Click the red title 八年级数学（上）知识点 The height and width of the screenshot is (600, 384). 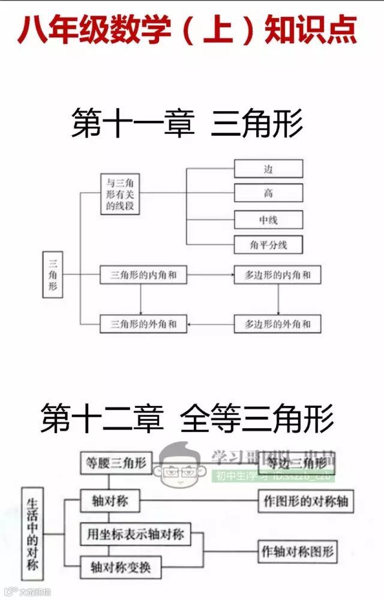187,29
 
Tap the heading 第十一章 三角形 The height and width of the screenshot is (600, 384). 187,123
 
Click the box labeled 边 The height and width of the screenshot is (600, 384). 268,169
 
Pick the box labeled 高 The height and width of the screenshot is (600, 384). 268,193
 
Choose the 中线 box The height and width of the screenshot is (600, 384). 268,220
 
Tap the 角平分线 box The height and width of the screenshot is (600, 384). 268,244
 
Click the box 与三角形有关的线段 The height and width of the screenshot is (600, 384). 119,193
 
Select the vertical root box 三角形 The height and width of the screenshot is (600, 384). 52,275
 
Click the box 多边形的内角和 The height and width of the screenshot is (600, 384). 277,275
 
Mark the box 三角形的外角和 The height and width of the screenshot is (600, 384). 143,324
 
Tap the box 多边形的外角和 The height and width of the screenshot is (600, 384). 277,324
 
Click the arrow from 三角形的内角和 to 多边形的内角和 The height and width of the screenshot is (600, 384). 210,275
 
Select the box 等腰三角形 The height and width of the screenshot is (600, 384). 114,463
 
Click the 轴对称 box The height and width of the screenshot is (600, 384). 110,502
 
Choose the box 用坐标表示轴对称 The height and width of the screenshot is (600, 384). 135,534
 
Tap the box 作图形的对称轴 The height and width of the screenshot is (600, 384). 305,502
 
